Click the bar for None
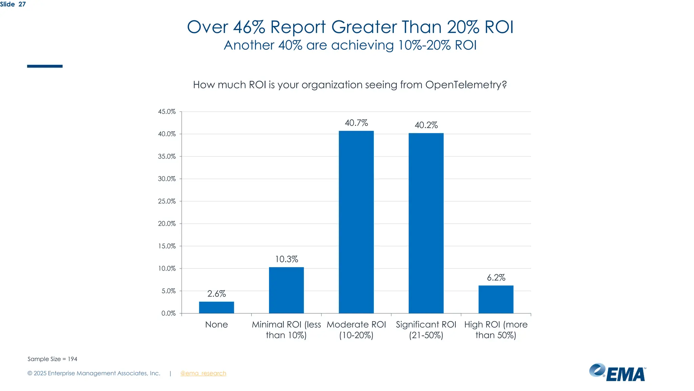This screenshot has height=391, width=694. coord(216,307)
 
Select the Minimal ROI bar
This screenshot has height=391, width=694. coord(286,290)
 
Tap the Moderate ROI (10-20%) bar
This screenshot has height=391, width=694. coord(356,222)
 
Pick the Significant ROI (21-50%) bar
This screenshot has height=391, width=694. coord(426,223)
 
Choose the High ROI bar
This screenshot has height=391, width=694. coord(496,299)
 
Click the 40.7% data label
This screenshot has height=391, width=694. coord(356,123)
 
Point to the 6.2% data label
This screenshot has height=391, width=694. coord(496,278)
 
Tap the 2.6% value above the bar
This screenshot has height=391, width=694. coord(216,294)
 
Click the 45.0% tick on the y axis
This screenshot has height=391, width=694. coord(167,112)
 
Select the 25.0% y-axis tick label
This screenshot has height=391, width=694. coord(167,201)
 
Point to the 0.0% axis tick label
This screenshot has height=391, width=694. coord(168,313)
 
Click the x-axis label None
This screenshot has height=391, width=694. coord(216,324)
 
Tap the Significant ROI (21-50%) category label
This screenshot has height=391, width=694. coord(426,330)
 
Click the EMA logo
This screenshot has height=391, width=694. coord(617,373)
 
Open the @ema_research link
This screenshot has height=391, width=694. coord(203,373)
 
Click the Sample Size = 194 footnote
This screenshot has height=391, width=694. coord(52,359)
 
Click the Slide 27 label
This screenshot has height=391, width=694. coord(13,4)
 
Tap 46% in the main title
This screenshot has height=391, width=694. coord(249,27)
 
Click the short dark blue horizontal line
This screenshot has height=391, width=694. coord(45,66)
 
